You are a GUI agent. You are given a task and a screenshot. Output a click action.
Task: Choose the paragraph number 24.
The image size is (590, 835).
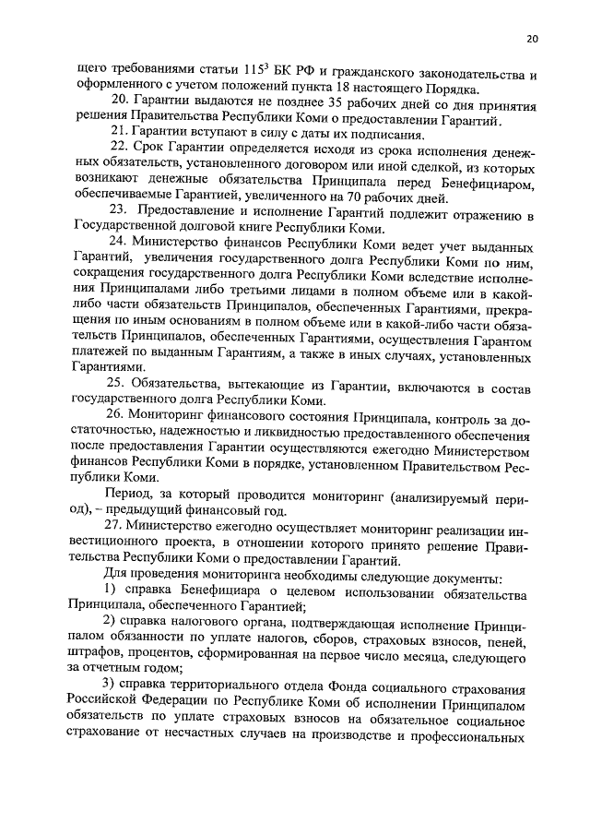point(118,245)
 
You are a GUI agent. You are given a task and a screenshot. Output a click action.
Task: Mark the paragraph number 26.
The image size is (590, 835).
point(118,415)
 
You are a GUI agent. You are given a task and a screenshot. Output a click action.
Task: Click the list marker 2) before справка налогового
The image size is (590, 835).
point(109,624)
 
